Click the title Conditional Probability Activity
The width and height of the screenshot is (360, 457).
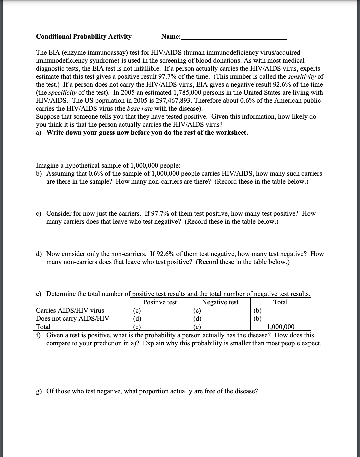click(x=84, y=36)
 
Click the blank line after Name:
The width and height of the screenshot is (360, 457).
click(x=233, y=37)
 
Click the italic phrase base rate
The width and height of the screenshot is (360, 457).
click(x=140, y=108)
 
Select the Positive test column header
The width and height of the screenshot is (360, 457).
click(x=160, y=302)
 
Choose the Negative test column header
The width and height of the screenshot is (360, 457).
click(x=220, y=302)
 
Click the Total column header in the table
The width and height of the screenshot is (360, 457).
click(x=280, y=302)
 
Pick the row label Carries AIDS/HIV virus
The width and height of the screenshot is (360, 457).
click(x=70, y=310)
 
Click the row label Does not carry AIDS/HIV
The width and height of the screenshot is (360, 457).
click(x=72, y=318)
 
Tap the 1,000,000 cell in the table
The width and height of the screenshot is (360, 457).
click(x=281, y=327)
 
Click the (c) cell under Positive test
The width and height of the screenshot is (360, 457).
click(x=137, y=310)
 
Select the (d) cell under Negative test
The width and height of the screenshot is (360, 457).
click(x=197, y=318)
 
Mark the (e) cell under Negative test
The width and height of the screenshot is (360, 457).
click(x=197, y=327)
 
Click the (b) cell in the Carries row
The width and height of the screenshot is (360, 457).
click(x=257, y=310)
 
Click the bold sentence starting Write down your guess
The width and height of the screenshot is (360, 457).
click(x=147, y=132)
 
